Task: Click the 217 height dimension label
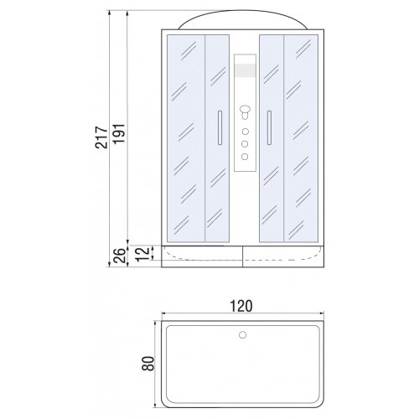[101, 137]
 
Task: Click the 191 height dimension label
[118, 134]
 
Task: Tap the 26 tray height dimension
[119, 256]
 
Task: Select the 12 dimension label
[142, 254]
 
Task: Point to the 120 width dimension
[241, 306]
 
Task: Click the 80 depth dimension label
[148, 364]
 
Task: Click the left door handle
[220, 127]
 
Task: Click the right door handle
[269, 127]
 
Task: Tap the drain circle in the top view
[242, 334]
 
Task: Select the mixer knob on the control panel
[245, 111]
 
